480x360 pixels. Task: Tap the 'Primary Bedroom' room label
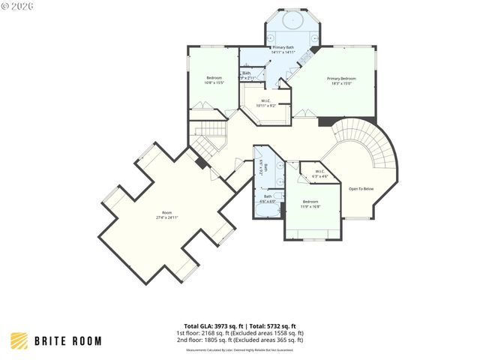[x=341, y=78]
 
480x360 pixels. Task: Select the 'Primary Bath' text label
[x=283, y=47]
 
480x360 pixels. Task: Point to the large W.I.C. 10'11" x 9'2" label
[x=266, y=101]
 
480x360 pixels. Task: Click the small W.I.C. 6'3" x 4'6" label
[x=319, y=172]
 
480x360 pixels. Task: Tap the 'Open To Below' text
[x=361, y=188]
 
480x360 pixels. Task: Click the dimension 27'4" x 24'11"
[x=166, y=217]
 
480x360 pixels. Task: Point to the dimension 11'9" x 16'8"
[x=311, y=206]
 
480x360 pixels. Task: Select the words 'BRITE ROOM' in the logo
[x=68, y=341]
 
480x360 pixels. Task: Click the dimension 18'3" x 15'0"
[x=341, y=83]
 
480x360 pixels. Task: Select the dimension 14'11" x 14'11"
[x=283, y=52]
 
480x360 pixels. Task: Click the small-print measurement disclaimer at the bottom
[x=240, y=349]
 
